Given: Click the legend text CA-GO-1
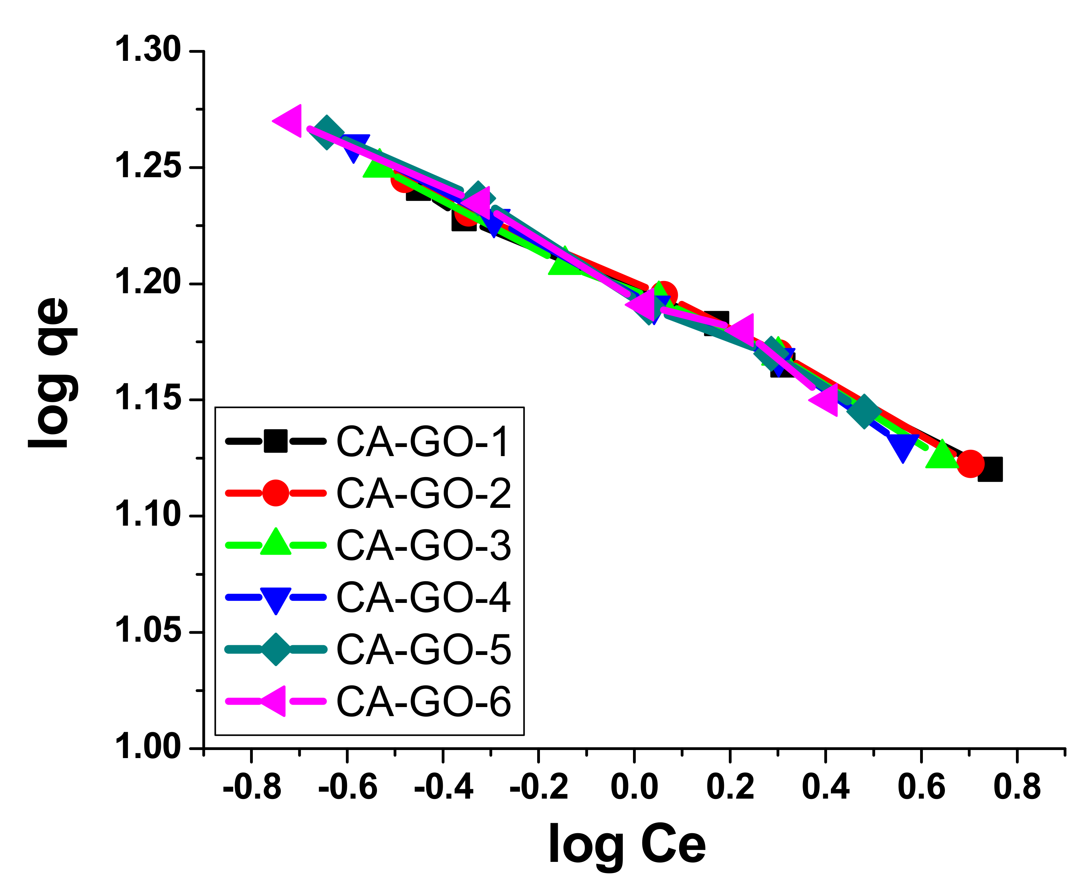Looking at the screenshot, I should (423, 442).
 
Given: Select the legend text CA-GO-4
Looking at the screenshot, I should (423, 598).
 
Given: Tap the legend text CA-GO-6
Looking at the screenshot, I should (423, 702).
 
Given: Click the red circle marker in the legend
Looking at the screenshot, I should (276, 493).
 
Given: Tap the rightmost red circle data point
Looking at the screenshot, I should (970, 463).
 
